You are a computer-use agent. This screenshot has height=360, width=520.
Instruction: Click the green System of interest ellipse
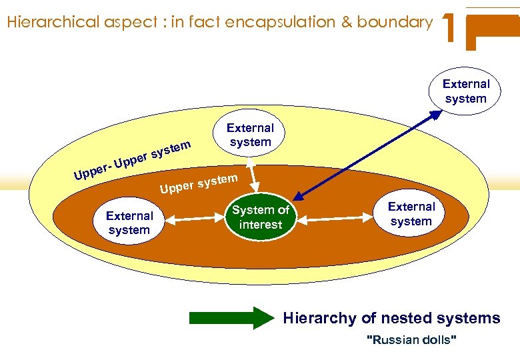click(x=261, y=217)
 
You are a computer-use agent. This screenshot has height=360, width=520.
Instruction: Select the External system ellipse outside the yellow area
click(x=465, y=91)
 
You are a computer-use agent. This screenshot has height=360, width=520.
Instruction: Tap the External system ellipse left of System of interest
click(x=129, y=223)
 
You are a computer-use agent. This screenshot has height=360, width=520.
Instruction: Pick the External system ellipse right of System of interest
click(x=411, y=214)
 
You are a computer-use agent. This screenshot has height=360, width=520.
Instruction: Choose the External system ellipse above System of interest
click(x=250, y=135)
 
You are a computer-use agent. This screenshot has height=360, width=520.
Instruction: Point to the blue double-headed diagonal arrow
click(x=367, y=156)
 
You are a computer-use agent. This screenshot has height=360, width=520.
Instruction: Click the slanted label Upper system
click(x=198, y=184)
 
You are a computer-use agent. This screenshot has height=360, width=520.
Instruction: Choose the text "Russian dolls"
click(x=412, y=341)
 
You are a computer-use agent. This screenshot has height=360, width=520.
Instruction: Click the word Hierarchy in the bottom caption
click(x=319, y=318)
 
